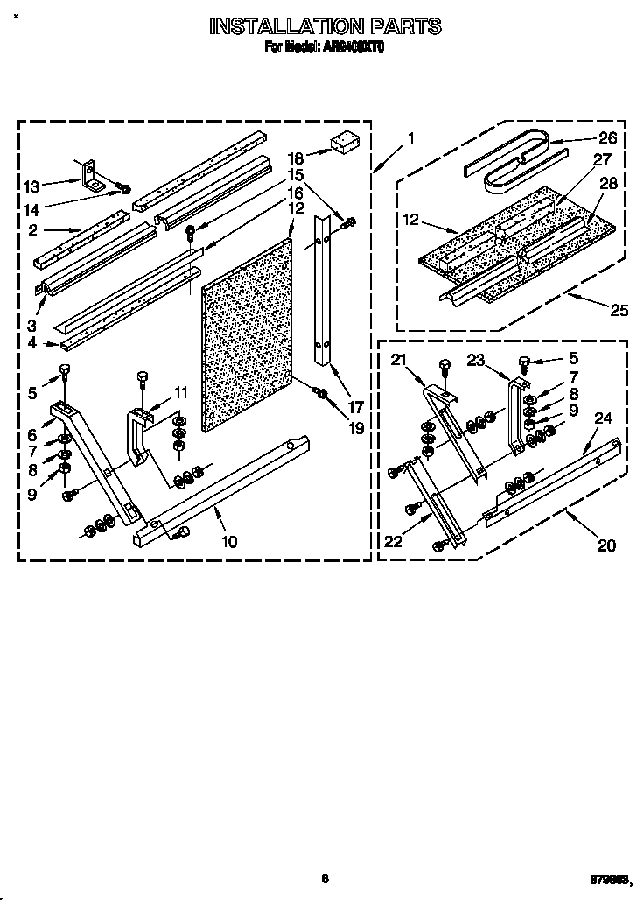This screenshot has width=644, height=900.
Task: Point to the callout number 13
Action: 31,186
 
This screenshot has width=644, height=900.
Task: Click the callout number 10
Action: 228,541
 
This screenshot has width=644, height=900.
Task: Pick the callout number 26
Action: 607,137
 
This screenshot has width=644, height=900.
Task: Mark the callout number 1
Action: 410,138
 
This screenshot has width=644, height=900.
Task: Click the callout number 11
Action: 180,391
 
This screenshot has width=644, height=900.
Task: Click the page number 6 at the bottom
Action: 324,878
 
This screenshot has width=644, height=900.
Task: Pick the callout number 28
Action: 609,183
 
